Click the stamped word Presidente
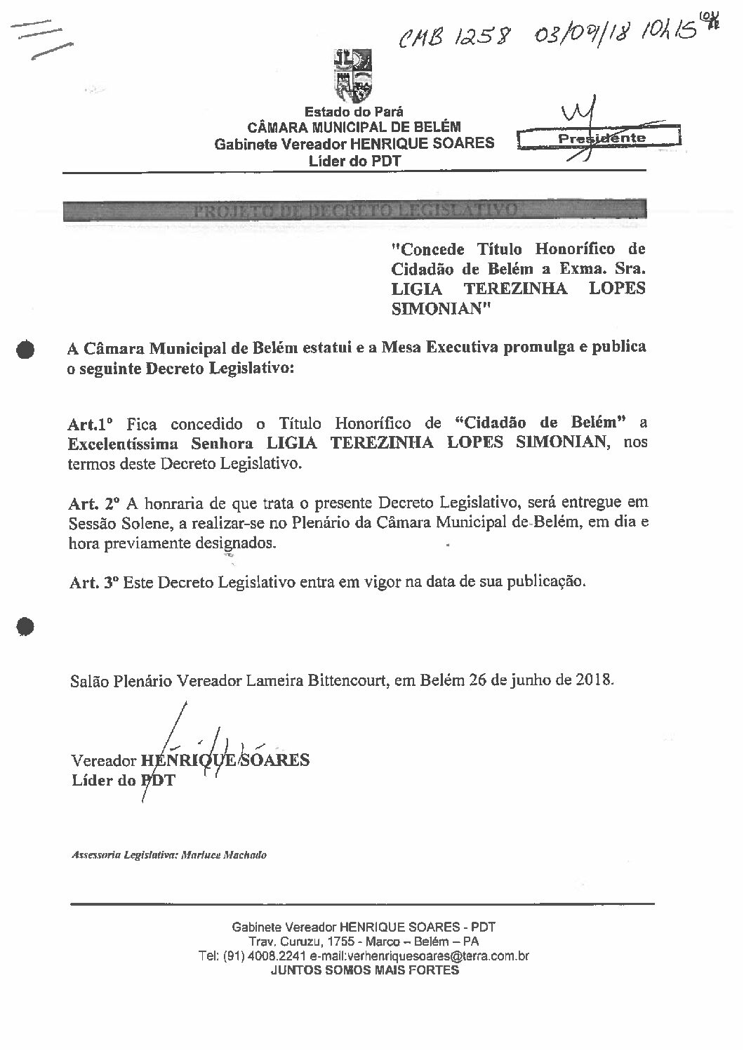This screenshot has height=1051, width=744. (601, 138)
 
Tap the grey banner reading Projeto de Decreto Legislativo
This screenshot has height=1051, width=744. (354, 210)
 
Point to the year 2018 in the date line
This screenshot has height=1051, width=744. (594, 680)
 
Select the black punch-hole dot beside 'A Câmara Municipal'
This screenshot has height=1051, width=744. (27, 350)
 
